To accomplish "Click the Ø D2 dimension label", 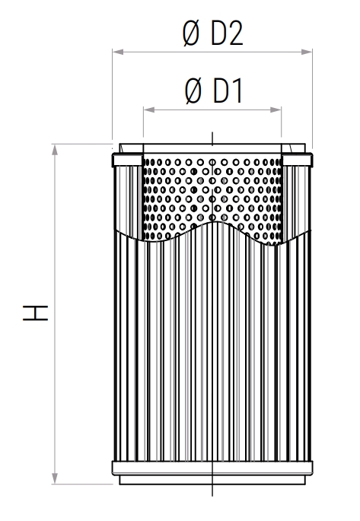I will tap(213, 34).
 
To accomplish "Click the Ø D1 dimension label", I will tap(213, 91).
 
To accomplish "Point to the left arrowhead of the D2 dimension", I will tap(117, 52).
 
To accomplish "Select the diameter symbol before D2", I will tap(192, 34).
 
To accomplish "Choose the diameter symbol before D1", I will tap(193, 91).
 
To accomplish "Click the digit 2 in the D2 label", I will tap(234, 34).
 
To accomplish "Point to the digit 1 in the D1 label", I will tap(234, 91).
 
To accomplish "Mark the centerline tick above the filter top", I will tap(212, 137).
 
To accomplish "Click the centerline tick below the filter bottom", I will tap(212, 489).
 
